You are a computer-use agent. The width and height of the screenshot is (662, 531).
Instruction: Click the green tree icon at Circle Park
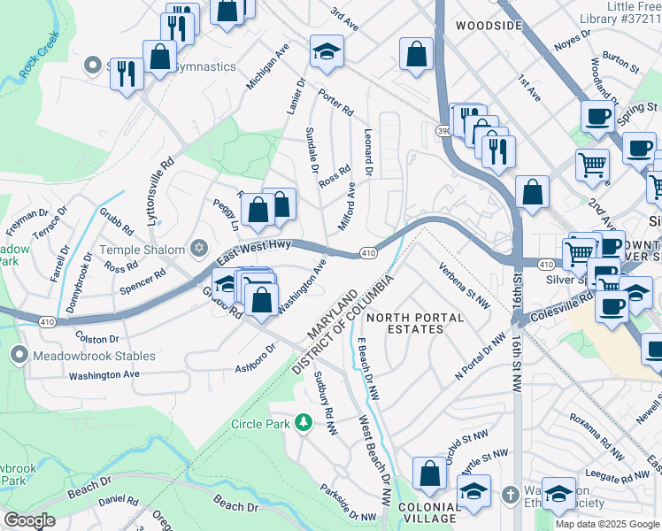pyautogui.click(x=304, y=424)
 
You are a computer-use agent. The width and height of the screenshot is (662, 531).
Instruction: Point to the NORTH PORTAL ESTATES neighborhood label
pyautogui.click(x=415, y=323)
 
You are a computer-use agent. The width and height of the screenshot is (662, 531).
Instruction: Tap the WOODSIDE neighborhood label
pyautogui.click(x=489, y=27)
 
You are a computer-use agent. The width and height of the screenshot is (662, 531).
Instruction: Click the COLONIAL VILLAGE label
pyautogui.click(x=428, y=513)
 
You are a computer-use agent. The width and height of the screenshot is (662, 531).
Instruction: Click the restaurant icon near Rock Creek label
pyautogui.click(x=127, y=73)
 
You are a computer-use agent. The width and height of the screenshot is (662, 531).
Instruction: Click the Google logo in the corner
pyautogui.click(x=30, y=520)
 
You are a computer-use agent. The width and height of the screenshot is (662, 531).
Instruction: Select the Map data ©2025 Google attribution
pyautogui.click(x=607, y=524)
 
